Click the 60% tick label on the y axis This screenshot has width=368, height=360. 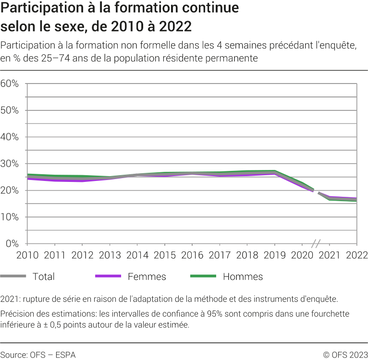(10, 84)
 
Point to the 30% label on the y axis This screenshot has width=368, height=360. (10, 164)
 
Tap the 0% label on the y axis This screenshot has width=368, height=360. (12, 244)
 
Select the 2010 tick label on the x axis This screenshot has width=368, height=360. (27, 254)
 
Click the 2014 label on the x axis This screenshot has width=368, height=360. (137, 254)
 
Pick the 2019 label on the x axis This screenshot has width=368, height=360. (274, 254)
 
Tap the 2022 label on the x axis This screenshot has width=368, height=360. (356, 254)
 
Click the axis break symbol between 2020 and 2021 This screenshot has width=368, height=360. (316, 243)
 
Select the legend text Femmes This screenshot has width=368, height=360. (147, 276)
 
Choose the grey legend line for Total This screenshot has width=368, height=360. (13, 276)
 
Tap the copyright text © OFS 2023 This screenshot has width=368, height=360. (345, 355)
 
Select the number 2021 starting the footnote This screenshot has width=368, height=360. (10, 299)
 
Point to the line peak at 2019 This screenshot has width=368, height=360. (274, 172)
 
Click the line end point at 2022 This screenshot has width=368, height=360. (356, 200)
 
